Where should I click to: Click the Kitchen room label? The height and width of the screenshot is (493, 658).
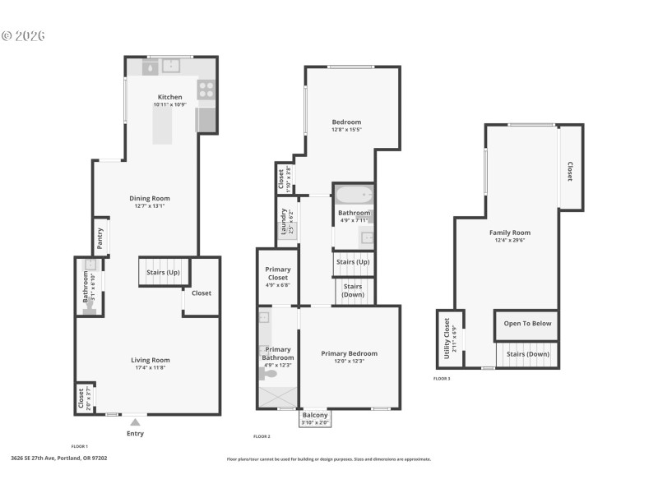tap(170, 97)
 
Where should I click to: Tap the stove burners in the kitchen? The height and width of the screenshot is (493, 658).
tap(206, 89)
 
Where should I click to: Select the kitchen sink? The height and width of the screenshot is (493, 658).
tap(172, 67)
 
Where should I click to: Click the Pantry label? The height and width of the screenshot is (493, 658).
tap(100, 238)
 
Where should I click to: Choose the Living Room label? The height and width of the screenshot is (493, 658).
tap(150, 360)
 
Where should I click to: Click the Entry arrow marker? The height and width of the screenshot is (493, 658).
tap(135, 422)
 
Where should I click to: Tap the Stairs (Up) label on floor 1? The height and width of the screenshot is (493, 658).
tap(163, 272)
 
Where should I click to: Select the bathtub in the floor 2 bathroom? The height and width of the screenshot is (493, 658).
tap(354, 196)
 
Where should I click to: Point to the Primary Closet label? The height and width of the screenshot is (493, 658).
tap(277, 273)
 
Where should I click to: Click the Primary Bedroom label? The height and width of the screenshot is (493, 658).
tap(349, 353)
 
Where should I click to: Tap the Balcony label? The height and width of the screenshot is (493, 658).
tap(315, 416)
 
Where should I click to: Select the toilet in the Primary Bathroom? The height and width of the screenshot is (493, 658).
tap(269, 374)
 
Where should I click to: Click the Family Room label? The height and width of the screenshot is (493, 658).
tap(510, 233)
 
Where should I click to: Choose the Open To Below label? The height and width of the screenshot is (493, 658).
tap(527, 324)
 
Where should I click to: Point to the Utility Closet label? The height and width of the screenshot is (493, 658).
tap(447, 338)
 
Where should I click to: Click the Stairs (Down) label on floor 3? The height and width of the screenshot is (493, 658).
tap(527, 354)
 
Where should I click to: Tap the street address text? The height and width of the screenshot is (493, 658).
tap(58, 458)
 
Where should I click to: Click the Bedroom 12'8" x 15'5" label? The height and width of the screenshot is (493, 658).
tap(346, 122)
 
